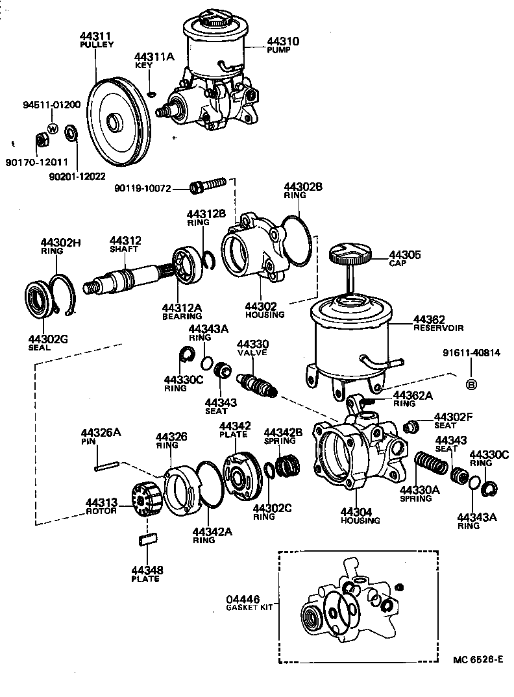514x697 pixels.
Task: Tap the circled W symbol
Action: point(53,127)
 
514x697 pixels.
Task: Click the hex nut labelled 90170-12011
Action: point(40,139)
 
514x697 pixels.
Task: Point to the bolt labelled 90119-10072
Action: point(206,187)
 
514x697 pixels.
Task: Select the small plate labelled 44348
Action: point(147,538)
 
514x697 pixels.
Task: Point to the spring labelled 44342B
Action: point(288,467)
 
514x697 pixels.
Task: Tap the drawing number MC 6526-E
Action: point(478,659)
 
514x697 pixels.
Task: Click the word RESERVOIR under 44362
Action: point(439,328)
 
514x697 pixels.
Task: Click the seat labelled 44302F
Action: point(410,427)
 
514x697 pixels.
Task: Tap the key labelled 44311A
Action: point(151,93)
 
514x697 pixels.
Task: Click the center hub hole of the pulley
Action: point(116,121)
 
